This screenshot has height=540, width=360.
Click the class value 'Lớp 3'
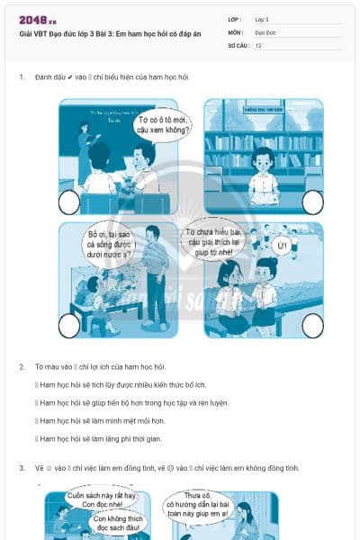(262, 19)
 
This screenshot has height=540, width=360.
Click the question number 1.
(22, 77)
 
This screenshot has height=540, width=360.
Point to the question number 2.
(22, 367)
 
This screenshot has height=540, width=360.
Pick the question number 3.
(22, 468)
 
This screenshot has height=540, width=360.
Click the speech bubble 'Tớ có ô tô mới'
(160, 124)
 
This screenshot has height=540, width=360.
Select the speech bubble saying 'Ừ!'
(282, 245)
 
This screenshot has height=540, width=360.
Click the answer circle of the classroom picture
(69, 202)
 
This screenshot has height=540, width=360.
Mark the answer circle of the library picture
(312, 202)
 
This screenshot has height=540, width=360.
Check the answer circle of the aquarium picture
(69, 326)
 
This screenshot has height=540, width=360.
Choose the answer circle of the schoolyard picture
(312, 326)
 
